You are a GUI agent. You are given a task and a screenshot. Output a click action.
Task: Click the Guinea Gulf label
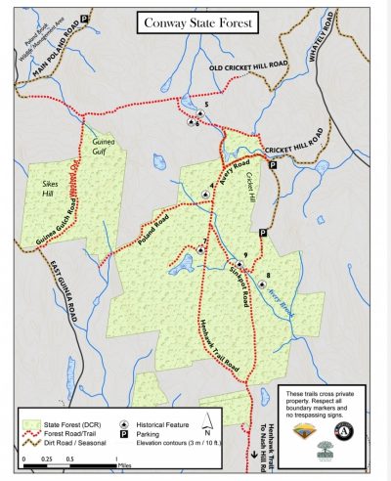click(x=104, y=145)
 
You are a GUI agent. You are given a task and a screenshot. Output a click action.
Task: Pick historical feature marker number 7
click(x=199, y=249)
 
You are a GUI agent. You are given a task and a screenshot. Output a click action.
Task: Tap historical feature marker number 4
click(x=205, y=195)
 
